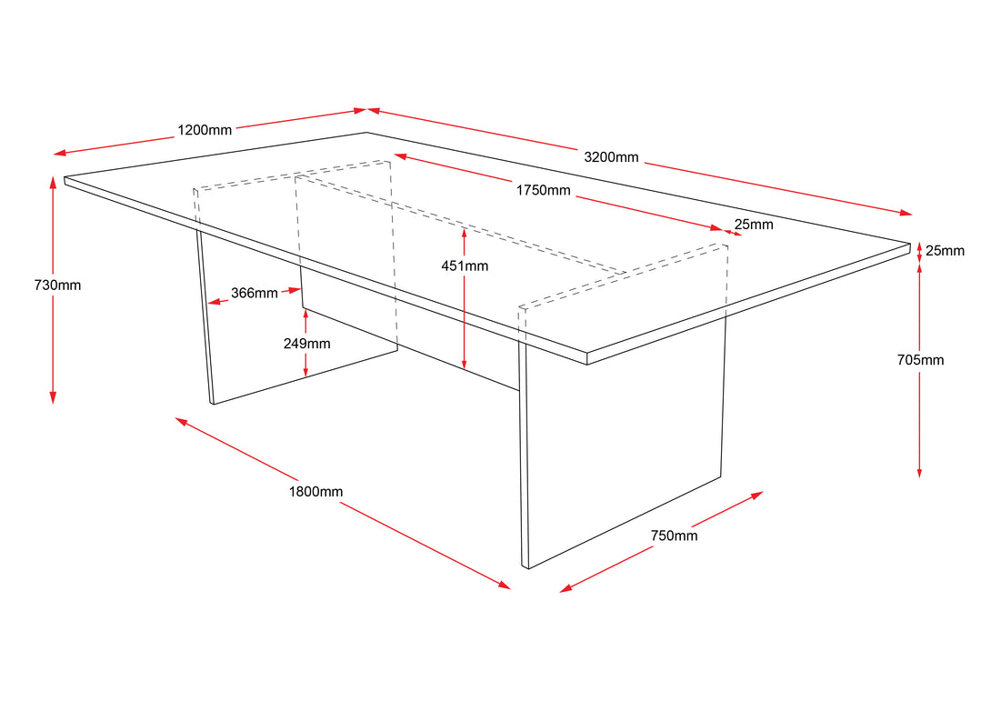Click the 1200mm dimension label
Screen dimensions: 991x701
[x=205, y=130]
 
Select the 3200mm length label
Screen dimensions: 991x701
[x=611, y=157]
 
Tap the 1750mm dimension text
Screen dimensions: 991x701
[x=543, y=190]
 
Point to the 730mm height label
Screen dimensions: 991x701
[x=57, y=285]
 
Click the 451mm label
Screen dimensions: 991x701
[x=465, y=266]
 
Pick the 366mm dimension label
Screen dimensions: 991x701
[x=254, y=294]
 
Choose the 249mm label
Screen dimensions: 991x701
[x=306, y=344]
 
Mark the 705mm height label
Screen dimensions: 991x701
[x=920, y=360]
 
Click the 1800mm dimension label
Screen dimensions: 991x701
[x=316, y=492]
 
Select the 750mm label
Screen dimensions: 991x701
[x=675, y=536]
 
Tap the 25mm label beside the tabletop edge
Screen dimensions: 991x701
[x=945, y=251]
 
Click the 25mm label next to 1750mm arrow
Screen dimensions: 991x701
[x=754, y=225]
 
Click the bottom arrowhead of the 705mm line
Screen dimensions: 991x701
[x=919, y=474]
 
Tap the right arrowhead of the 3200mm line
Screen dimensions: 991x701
[x=906, y=213]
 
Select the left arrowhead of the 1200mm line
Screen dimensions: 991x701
[x=59, y=153]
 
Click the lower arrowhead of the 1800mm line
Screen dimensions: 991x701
[x=505, y=586]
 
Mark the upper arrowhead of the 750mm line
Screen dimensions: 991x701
[x=757, y=495]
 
